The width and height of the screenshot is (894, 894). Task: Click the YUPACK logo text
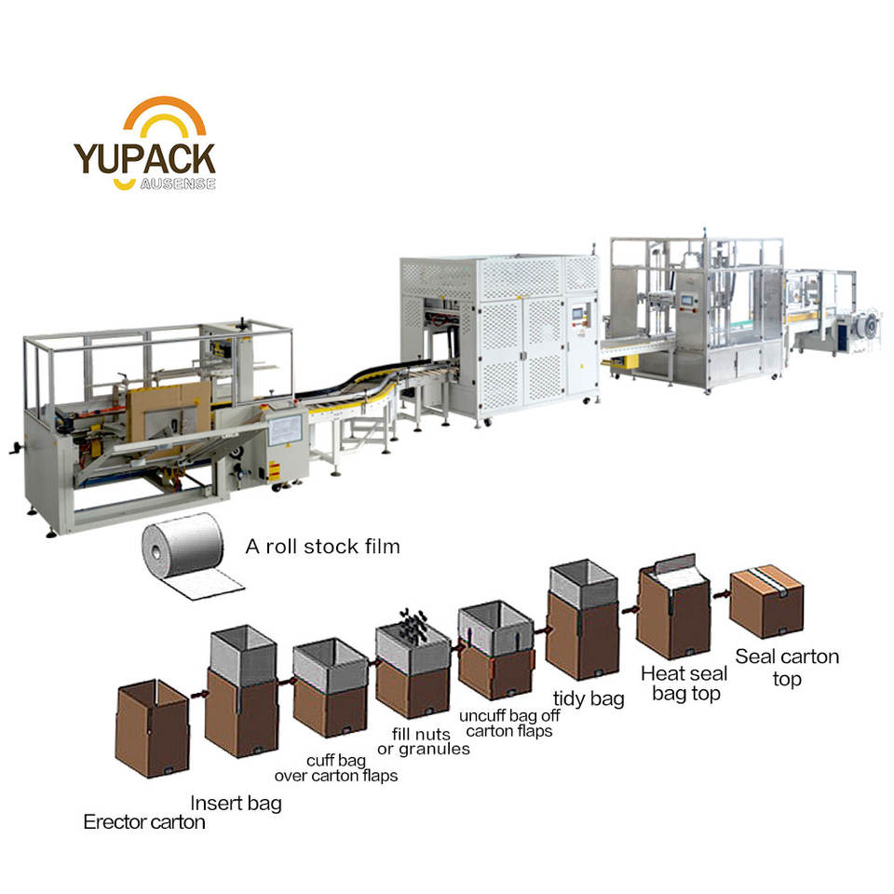tap(144, 158)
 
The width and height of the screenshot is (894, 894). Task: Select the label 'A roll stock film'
tap(322, 547)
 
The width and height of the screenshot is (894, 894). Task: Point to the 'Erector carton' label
tap(144, 822)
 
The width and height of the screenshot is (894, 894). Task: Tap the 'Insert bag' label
tap(236, 803)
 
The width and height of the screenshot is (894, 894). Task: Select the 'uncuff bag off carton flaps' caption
tap(506, 724)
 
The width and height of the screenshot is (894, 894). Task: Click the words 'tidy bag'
tap(589, 698)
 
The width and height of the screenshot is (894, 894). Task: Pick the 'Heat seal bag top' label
tap(682, 683)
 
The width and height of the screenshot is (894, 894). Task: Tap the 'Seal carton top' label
tap(787, 668)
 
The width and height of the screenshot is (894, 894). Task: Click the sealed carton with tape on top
tap(765, 602)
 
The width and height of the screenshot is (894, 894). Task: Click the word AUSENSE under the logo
tap(178, 183)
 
